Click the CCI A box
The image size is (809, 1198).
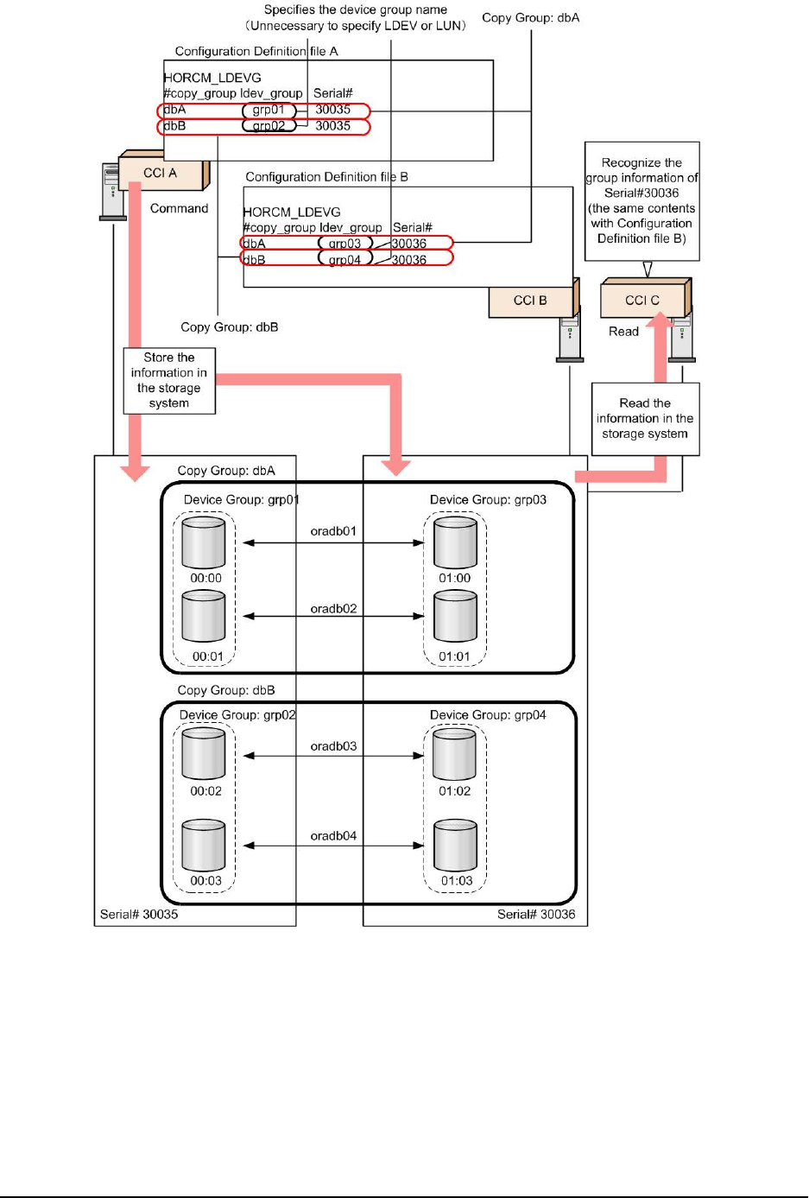(x=161, y=174)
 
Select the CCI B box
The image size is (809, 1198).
(x=530, y=301)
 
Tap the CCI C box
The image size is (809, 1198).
(x=642, y=301)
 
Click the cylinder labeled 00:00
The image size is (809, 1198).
(x=204, y=543)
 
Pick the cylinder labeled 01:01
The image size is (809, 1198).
(x=455, y=617)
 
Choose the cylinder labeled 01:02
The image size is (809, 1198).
(x=454, y=754)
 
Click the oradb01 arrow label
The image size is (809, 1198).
(x=333, y=531)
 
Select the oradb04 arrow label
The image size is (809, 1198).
(x=333, y=836)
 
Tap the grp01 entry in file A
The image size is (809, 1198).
(x=269, y=111)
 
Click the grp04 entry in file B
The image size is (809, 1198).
(x=344, y=259)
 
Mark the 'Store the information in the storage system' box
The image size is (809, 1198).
(x=169, y=381)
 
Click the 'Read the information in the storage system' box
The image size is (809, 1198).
(x=645, y=419)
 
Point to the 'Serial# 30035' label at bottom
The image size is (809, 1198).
(x=139, y=914)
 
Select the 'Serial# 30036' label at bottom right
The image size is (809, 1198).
(x=536, y=914)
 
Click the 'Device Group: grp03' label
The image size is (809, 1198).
(x=488, y=500)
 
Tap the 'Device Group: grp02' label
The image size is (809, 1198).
(x=237, y=715)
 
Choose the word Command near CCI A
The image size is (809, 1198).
(x=180, y=209)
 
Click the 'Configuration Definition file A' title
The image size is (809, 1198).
(x=256, y=52)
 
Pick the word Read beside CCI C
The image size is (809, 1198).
(x=623, y=332)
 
